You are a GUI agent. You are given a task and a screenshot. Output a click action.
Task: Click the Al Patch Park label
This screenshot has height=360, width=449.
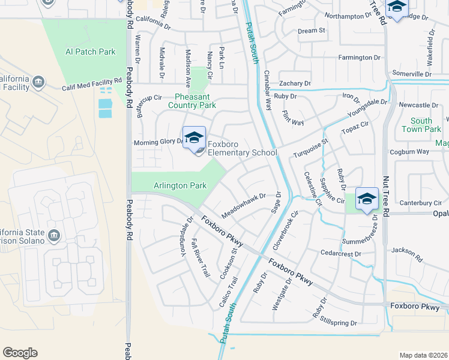(90, 52)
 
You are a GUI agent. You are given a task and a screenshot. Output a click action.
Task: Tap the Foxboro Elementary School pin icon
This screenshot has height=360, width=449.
(194, 139)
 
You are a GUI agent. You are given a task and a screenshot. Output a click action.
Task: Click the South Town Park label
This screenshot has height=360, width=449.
(426, 125)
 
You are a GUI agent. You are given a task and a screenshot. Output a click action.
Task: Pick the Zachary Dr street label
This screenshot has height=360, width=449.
(295, 83)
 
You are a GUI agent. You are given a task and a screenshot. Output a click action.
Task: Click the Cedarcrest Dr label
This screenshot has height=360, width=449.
(340, 254)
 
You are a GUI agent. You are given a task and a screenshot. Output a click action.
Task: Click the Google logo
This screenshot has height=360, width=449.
(20, 353)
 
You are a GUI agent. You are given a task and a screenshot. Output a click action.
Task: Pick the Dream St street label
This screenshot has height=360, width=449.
(311, 31)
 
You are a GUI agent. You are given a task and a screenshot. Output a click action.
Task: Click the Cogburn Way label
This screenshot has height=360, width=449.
(409, 152)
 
